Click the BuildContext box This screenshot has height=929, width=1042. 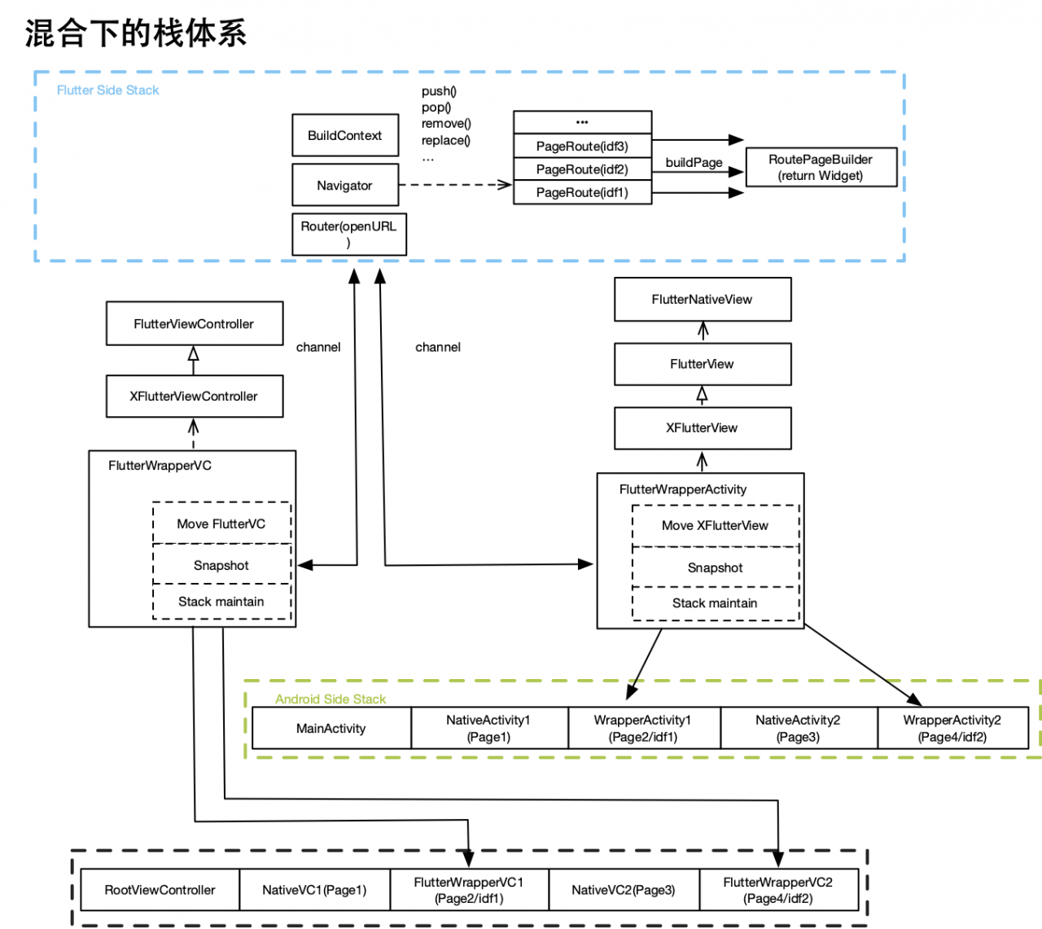click(x=345, y=135)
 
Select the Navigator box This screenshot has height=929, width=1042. click(x=345, y=185)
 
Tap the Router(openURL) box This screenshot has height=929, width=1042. click(x=348, y=234)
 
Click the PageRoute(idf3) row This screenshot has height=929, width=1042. click(x=582, y=146)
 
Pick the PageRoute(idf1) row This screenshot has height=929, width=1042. click(x=582, y=192)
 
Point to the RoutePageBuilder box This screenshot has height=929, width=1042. click(x=821, y=167)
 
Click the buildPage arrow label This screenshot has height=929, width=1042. click(x=694, y=162)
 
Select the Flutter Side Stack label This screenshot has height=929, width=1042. click(x=107, y=90)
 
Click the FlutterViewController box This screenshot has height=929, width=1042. click(x=194, y=323)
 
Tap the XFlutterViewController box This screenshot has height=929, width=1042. click(x=194, y=396)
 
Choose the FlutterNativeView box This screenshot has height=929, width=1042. click(x=702, y=299)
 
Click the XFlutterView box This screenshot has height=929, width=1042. click(x=702, y=427)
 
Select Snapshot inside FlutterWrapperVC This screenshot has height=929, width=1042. click(x=221, y=565)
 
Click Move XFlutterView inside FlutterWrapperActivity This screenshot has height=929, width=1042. click(x=715, y=525)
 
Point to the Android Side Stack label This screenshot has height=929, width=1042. click(x=331, y=699)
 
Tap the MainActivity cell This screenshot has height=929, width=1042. click(x=331, y=728)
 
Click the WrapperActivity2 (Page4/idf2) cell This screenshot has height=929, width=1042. click(x=952, y=728)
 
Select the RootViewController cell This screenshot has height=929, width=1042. click(x=160, y=890)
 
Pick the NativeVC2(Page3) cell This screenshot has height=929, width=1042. click(x=624, y=890)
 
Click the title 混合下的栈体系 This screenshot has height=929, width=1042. click(x=135, y=33)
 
